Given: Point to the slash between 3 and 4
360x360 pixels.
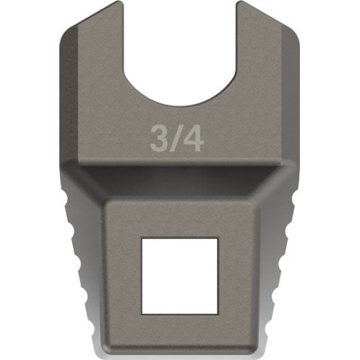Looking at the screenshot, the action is [x=176, y=139].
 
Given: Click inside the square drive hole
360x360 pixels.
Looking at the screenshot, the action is [x=180, y=276].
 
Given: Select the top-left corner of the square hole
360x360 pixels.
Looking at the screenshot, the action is [x=142, y=237].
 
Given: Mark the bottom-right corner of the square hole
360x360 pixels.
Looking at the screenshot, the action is [x=218, y=315].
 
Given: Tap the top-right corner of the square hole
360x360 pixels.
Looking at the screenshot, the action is [x=218, y=237].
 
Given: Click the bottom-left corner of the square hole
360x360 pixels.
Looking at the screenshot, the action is [x=142, y=315].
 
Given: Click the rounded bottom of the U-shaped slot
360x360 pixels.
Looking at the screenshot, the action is [x=179, y=104].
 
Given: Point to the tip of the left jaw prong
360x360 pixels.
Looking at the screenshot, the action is [x=120, y=2].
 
